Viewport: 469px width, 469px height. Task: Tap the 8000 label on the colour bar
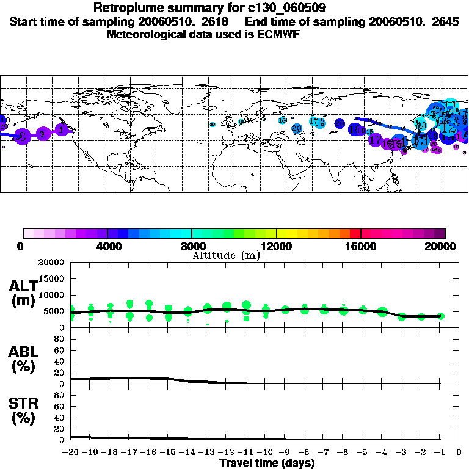click(191, 246)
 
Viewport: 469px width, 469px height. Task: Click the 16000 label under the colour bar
click(361, 246)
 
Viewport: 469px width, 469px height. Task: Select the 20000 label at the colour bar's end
click(445, 246)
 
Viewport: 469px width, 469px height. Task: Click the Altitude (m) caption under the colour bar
click(226, 255)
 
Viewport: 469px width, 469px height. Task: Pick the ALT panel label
click(23, 293)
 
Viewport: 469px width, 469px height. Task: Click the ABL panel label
click(23, 360)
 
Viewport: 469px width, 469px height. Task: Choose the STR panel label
click(23, 411)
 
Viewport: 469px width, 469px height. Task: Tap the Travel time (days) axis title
click(267, 463)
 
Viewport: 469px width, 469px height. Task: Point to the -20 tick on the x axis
click(71, 453)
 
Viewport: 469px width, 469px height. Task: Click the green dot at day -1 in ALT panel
click(441, 316)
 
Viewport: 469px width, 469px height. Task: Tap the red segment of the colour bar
click(355, 233)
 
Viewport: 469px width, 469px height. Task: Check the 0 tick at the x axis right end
click(459, 453)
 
